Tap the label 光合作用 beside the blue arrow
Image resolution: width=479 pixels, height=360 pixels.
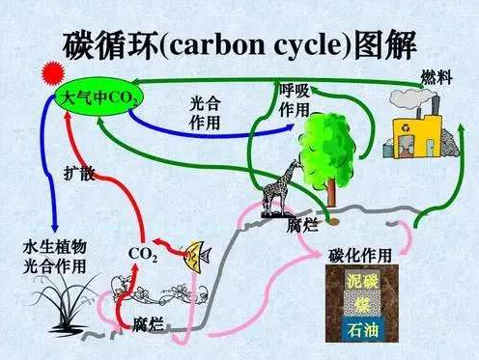(x=205, y=112)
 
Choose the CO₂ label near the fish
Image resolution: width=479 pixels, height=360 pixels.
(x=143, y=254)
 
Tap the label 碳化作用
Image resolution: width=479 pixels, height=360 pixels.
(x=360, y=255)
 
